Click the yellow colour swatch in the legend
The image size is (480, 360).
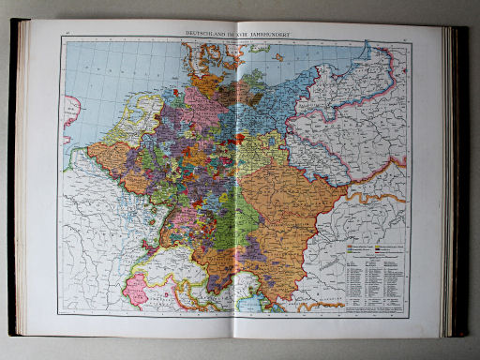[350, 250]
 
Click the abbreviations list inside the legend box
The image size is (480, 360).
[375, 281]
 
